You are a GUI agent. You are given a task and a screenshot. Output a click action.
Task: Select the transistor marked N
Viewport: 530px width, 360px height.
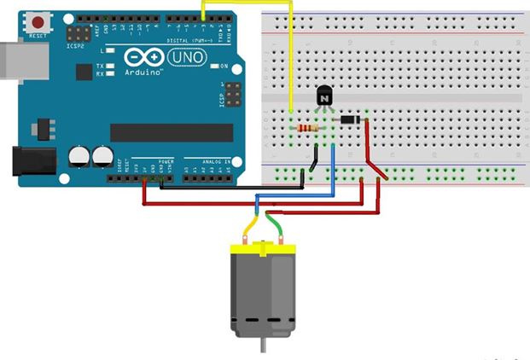[324, 97]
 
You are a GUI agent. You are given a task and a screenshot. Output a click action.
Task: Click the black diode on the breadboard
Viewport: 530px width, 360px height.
[350, 119]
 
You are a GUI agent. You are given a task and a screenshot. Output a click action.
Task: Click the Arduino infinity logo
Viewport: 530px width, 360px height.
[144, 58]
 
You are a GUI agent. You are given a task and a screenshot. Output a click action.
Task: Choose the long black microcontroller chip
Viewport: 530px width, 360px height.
[171, 132]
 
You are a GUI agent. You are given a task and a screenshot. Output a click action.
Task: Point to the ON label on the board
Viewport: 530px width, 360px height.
[224, 67]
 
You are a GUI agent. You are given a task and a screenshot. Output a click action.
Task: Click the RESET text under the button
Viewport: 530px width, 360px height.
[38, 38]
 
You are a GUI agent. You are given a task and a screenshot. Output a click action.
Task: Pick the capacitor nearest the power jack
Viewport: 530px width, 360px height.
[79, 156]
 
